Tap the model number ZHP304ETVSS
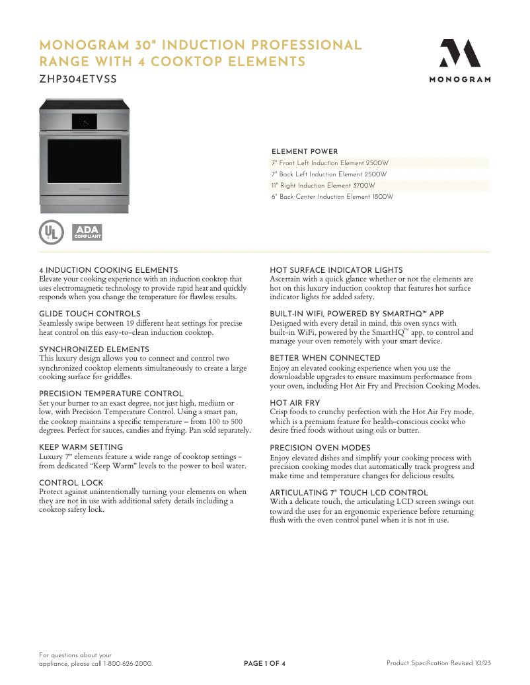(78, 79)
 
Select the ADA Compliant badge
(86, 232)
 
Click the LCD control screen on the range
(85, 121)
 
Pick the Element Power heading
(305, 152)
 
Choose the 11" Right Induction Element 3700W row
(322, 186)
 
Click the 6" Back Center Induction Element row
(332, 197)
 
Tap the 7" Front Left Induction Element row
(329, 163)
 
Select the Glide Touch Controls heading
(90, 314)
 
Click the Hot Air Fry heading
(295, 403)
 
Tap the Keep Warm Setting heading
(81, 447)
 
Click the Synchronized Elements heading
(94, 349)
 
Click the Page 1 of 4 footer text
(264, 663)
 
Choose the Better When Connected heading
(324, 359)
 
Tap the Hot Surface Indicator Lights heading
(336, 270)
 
